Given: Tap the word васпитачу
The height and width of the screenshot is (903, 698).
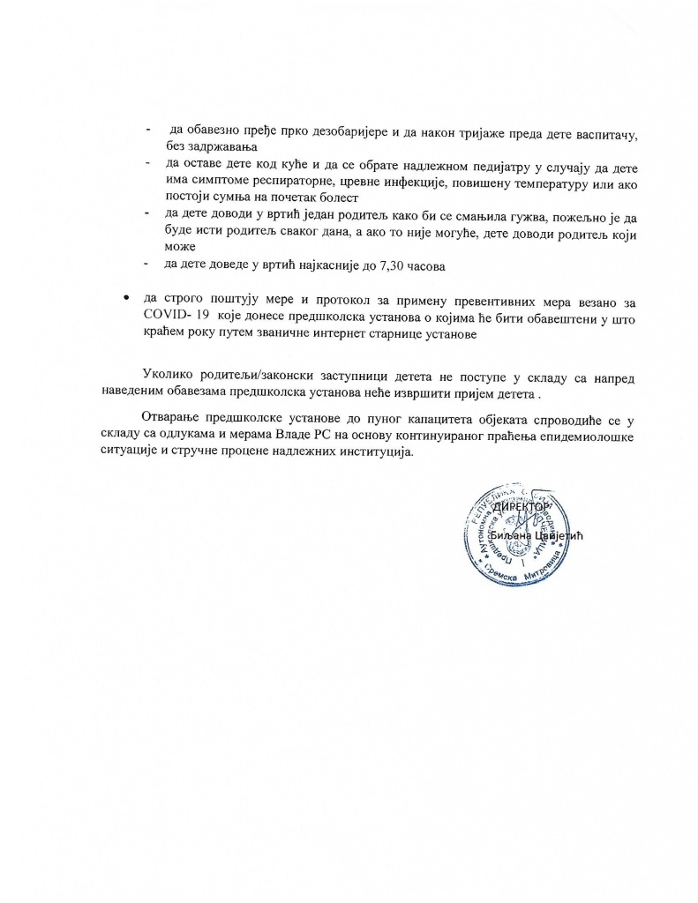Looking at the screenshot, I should tap(602, 132).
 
